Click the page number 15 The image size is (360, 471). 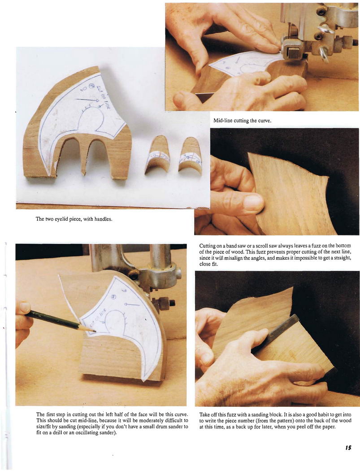point(348,448)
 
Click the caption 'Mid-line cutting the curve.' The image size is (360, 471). point(242,121)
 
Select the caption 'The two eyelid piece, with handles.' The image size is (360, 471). point(74,219)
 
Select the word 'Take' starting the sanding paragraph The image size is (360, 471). point(204,415)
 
